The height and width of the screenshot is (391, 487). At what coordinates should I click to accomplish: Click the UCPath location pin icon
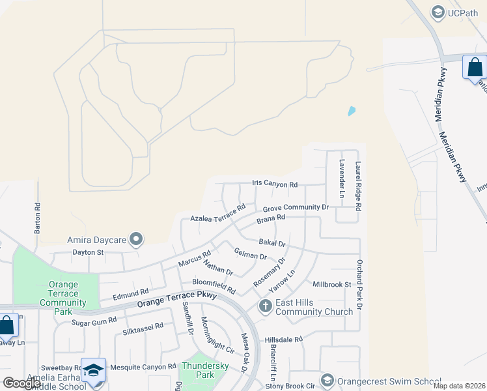click(x=437, y=12)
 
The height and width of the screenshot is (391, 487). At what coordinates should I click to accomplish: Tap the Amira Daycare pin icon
click(x=136, y=240)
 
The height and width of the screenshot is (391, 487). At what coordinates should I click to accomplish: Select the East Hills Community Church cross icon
click(x=265, y=306)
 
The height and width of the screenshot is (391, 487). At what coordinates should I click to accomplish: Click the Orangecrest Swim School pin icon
click(x=327, y=381)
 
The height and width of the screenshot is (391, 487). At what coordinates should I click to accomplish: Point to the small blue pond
click(x=352, y=111)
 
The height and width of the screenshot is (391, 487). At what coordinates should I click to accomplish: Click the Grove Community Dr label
click(x=296, y=208)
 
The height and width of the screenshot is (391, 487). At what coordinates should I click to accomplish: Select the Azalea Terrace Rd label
click(x=217, y=213)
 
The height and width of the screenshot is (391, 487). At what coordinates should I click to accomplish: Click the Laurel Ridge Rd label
click(x=358, y=186)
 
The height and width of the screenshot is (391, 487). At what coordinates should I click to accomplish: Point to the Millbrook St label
click(x=331, y=284)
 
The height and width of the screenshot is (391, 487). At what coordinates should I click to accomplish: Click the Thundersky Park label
click(x=206, y=370)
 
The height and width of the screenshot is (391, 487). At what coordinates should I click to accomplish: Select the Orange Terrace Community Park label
click(x=63, y=298)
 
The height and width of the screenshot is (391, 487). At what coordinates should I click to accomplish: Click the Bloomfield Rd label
click(x=213, y=285)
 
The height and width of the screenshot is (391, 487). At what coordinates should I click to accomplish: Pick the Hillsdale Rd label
click(x=284, y=340)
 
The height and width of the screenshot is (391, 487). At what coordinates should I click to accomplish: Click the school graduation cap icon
click(x=93, y=369)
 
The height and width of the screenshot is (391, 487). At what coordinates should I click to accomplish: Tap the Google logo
click(x=21, y=383)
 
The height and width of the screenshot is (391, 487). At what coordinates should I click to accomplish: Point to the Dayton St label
click(x=88, y=252)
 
